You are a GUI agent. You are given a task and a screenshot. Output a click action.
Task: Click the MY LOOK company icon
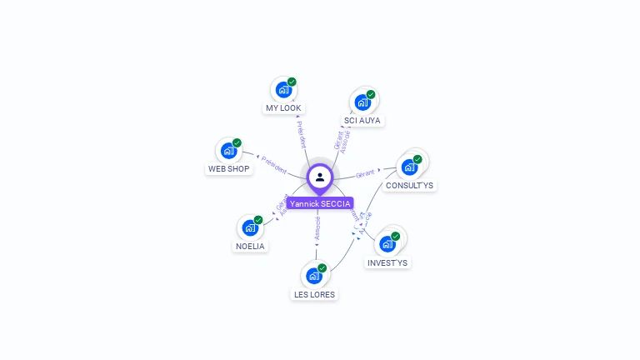283,89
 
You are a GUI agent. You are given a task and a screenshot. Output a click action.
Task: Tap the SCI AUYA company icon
362,102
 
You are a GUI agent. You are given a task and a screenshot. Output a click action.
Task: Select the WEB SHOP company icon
227,151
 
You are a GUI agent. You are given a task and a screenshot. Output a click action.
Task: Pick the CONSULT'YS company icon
409,167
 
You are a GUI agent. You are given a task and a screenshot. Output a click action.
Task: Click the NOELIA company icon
249,227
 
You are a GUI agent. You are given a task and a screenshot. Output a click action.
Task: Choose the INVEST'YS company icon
387,243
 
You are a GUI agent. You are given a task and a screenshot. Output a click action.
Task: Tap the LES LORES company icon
314,276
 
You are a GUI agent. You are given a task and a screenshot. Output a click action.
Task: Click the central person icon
320,177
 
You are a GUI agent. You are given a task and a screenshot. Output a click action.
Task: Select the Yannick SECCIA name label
320,203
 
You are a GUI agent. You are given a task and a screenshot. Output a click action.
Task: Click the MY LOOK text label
283,108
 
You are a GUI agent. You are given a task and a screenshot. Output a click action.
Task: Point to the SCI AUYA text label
362,121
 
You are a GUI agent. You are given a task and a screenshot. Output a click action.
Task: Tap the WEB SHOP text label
228,169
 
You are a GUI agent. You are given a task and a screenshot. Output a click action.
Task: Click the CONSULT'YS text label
409,186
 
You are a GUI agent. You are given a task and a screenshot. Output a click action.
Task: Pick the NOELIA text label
250,247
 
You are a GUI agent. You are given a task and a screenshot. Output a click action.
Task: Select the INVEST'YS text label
387,263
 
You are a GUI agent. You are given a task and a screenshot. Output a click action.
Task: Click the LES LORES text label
314,294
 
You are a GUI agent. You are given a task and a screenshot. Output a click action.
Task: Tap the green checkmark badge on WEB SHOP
237,142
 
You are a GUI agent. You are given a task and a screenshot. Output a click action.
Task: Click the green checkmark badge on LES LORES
322,267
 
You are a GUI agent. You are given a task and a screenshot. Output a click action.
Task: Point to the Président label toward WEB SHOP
274,163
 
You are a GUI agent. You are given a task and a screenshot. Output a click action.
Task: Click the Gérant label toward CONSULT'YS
366,174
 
